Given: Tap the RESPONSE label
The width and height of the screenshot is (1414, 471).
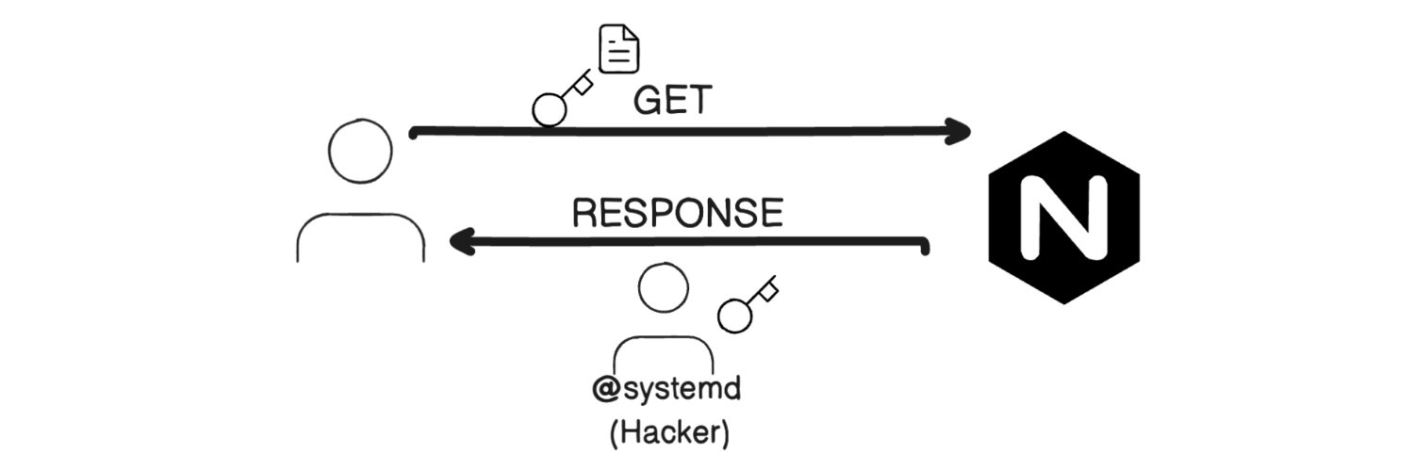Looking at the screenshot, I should coord(678,213).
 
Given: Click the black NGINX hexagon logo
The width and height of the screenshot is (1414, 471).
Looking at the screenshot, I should coord(1063,218).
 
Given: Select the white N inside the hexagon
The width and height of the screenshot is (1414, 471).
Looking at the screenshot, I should coord(1063,218).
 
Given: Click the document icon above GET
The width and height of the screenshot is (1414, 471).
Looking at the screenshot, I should coord(620,50).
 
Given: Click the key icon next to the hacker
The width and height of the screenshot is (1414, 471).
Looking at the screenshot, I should coord(748,304).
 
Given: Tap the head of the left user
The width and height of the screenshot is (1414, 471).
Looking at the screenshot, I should coord(360,151).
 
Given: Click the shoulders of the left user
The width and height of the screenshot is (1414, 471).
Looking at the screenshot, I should coord(360,235).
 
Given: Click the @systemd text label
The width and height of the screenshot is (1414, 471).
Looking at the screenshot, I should coord(666,390).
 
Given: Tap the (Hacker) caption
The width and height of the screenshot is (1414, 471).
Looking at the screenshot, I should coord(669,434).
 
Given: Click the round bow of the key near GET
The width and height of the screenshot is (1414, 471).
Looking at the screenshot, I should coord(549,110).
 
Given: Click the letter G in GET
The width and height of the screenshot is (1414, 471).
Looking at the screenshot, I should coord(647,100).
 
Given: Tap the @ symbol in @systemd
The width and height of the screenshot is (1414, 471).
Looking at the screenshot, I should coord(604,390).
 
